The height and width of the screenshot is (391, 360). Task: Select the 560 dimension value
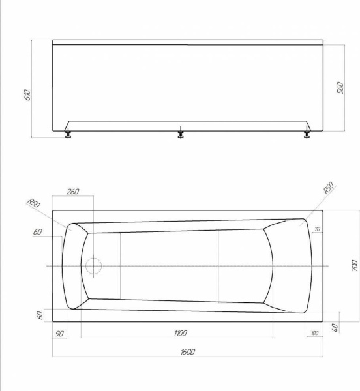tap(340, 88)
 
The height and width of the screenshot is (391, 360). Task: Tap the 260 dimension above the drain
tap(72, 191)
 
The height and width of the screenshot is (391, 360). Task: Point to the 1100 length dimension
tap(180, 333)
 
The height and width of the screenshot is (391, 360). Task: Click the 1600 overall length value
tap(188, 352)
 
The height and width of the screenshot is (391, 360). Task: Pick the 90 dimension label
tap(60, 334)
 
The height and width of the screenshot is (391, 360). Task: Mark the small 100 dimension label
tap(316, 334)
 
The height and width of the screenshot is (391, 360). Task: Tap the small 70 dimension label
tap(317, 229)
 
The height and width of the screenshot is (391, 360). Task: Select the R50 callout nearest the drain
tap(34, 204)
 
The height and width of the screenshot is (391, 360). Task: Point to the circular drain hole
tap(94, 266)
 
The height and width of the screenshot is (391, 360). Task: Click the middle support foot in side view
tap(180, 135)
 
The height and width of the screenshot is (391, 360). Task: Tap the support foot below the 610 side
tap(67, 135)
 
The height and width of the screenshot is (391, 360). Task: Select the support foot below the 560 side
tap(306, 135)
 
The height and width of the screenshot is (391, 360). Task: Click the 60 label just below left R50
tap(38, 232)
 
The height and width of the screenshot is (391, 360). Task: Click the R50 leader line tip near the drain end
tap(72, 229)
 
